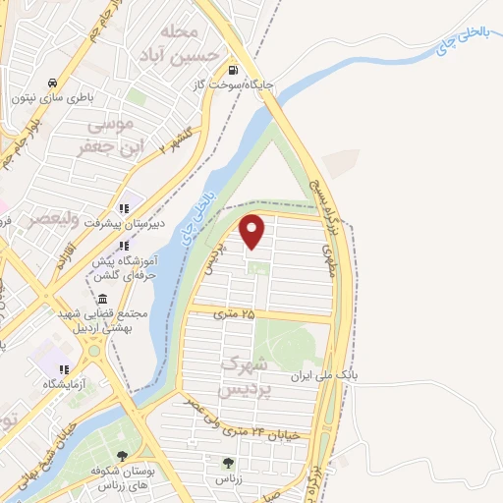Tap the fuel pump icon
click(233, 70)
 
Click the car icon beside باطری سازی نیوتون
click(50, 83)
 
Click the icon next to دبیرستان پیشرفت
click(124, 208)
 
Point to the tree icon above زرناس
click(229, 463)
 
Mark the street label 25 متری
click(234, 313)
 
